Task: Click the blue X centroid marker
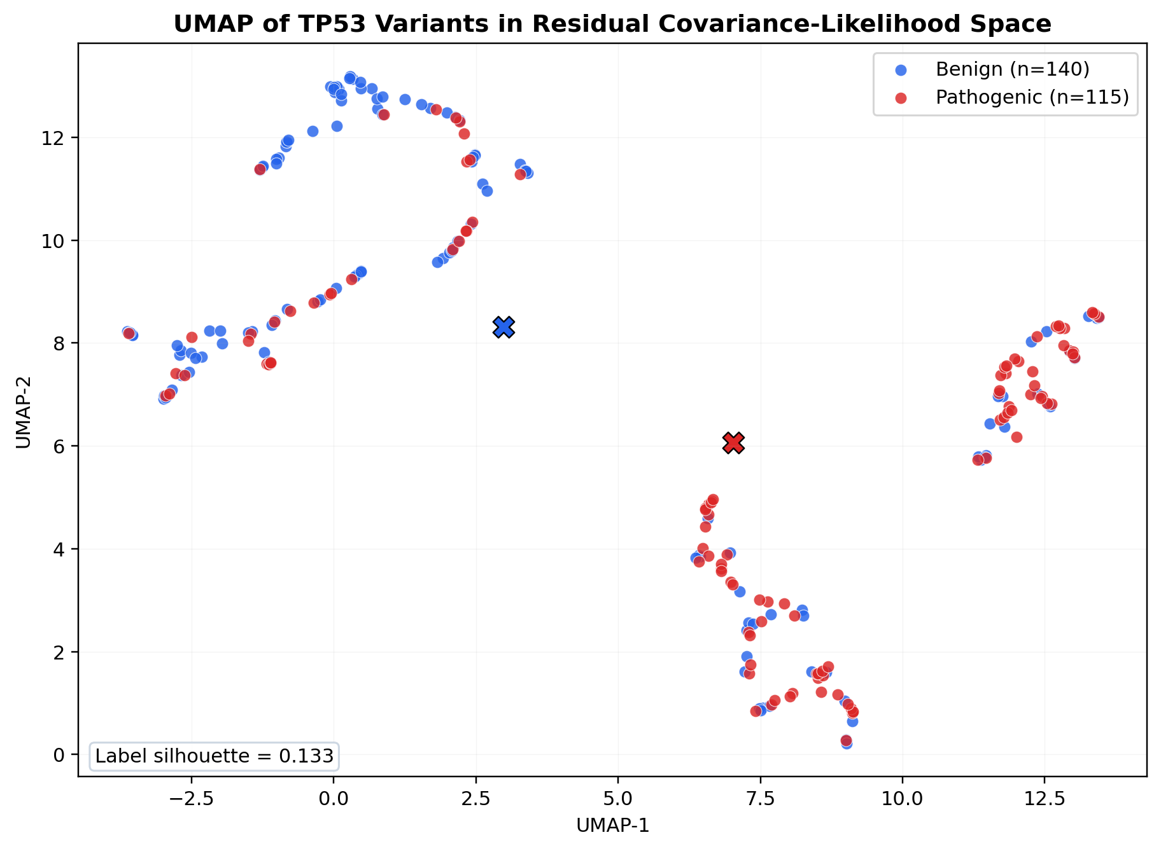503,327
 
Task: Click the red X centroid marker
733,443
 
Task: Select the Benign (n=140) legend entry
1012,69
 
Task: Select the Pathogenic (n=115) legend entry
1032,97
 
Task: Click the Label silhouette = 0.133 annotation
215,756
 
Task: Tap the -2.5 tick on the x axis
190,797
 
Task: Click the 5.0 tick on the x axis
617,797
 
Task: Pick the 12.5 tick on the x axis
1045,797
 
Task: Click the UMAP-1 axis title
612,825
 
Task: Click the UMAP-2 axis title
24,410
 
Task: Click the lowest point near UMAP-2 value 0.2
847,743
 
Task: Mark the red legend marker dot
901,97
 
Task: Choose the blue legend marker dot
901,69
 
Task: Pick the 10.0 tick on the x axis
902,797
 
